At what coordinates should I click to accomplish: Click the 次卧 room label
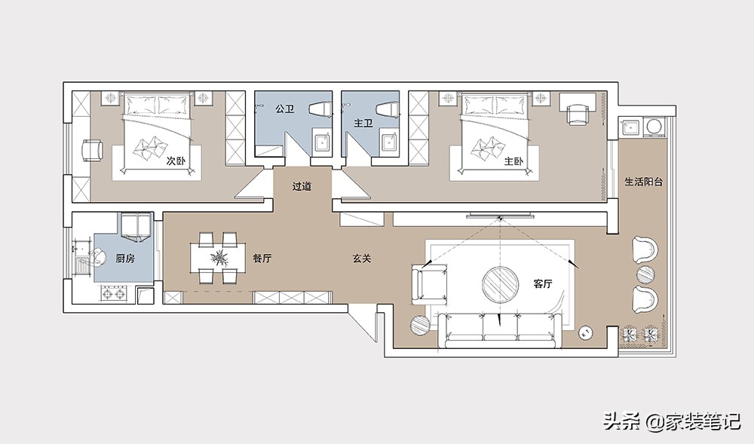pyautogui.click(x=176, y=161)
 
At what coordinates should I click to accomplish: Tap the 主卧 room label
pyautogui.click(x=513, y=161)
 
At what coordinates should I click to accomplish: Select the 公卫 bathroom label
pyautogui.click(x=285, y=109)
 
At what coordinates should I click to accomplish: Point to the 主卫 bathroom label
pyautogui.click(x=363, y=124)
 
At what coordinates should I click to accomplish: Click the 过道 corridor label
pyautogui.click(x=302, y=186)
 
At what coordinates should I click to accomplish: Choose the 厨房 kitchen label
pyautogui.click(x=125, y=259)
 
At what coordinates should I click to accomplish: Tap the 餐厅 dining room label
pyautogui.click(x=262, y=259)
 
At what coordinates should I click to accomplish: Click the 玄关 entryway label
pyautogui.click(x=362, y=259)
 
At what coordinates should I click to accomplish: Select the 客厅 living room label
pyautogui.click(x=543, y=283)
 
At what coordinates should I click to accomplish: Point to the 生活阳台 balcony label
pyautogui.click(x=644, y=182)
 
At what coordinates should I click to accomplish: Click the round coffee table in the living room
pyautogui.click(x=501, y=284)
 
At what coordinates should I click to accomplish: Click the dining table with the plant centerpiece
pyautogui.click(x=219, y=258)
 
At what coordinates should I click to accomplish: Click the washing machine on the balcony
pyautogui.click(x=654, y=127)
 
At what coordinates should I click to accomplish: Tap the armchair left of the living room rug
pyautogui.click(x=430, y=284)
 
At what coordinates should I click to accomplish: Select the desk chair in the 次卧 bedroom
pyautogui.click(x=93, y=151)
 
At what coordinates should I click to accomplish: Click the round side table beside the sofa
pyautogui.click(x=421, y=326)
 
